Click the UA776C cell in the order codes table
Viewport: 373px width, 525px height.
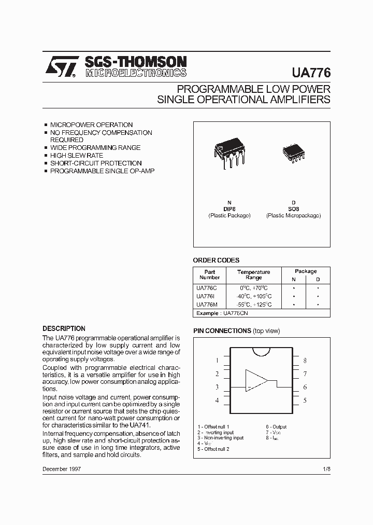point(207,287)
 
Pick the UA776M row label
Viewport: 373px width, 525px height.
point(207,305)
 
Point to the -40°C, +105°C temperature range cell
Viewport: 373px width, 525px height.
point(253,296)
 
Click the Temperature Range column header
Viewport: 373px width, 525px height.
point(253,274)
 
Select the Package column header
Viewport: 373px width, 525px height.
point(306,271)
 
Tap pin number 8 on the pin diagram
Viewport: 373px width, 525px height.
point(305,360)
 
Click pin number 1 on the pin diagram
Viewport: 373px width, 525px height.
point(217,360)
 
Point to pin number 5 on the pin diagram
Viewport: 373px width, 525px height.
point(305,400)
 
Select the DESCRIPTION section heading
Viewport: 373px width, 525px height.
point(64,328)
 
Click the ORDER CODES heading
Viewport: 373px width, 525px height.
point(216,260)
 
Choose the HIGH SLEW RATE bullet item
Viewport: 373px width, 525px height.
point(76,156)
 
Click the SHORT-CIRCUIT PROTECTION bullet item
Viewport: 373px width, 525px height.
point(95,163)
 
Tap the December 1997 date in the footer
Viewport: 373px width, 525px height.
point(61,468)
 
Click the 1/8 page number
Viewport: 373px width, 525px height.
point(325,468)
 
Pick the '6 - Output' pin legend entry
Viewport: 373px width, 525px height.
point(276,426)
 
